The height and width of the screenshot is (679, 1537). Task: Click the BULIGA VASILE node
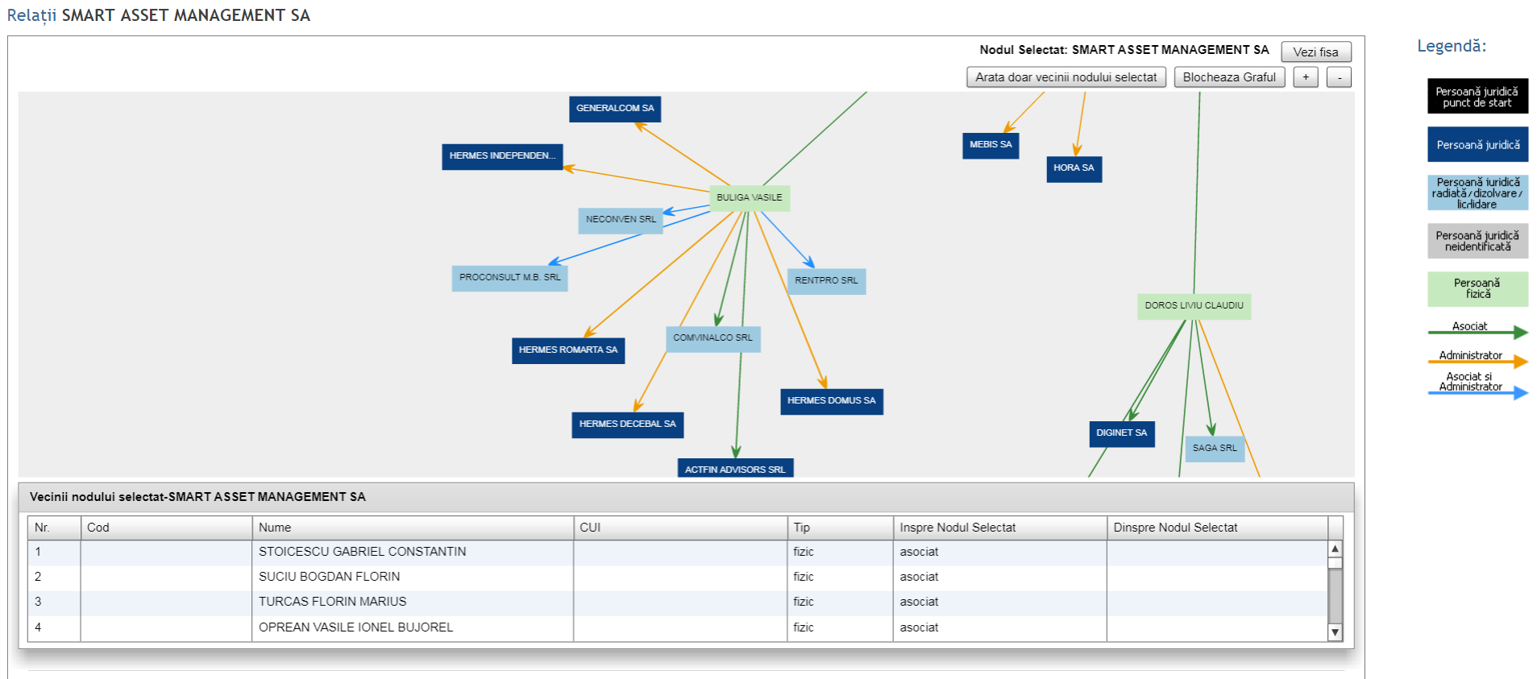750,198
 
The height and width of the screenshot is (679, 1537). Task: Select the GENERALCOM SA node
615,109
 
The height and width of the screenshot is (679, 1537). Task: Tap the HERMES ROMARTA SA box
568,350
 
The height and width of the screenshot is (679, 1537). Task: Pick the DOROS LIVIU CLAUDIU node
1194,306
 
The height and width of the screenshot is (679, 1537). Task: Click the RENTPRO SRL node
826,281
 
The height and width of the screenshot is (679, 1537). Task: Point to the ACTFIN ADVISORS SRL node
735,468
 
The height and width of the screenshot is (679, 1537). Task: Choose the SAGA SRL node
1215,449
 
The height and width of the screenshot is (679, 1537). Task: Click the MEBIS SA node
991,146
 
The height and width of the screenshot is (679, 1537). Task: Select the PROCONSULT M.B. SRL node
509,278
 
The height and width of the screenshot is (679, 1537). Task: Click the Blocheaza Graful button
1229,77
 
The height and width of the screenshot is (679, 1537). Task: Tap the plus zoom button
1306,77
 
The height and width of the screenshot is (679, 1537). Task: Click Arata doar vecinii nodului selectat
1066,77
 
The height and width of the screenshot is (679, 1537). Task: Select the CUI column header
590,528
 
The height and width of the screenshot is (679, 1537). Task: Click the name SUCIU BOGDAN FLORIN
329,577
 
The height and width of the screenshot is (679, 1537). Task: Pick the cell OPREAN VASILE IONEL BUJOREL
355,627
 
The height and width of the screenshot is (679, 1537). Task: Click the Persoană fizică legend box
1477,289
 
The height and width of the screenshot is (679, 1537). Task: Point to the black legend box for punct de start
1477,97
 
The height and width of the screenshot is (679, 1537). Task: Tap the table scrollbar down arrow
1336,632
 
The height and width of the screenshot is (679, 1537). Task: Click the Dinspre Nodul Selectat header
1175,528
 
